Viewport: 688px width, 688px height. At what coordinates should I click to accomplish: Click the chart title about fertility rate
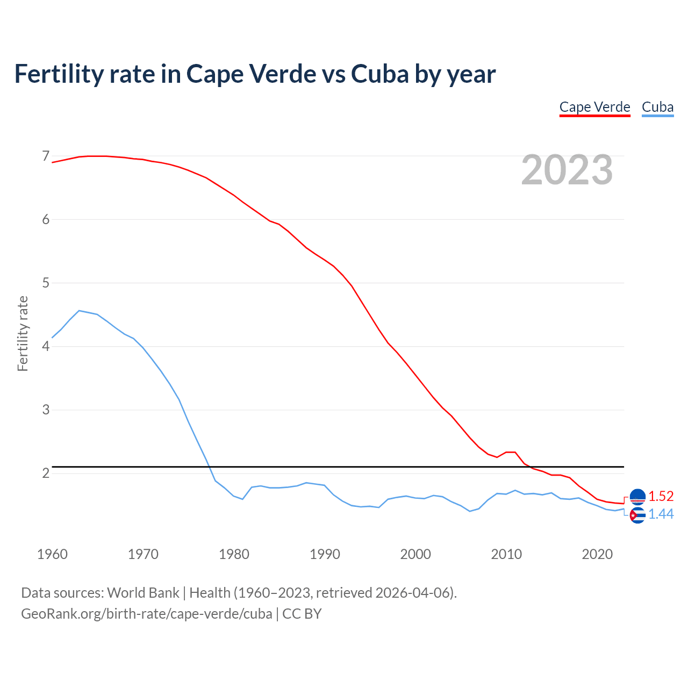point(255,74)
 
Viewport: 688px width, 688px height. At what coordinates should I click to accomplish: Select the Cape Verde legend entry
point(594,107)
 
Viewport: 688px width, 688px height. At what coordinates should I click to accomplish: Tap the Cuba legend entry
point(657,107)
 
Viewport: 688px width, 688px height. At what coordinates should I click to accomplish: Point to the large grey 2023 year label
point(567,170)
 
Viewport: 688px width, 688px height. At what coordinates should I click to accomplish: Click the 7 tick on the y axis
point(46,156)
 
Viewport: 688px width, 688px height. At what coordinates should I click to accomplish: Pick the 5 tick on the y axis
point(46,283)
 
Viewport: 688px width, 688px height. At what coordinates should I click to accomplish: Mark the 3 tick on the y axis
point(46,410)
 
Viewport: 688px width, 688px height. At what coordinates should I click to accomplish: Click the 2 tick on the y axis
point(46,473)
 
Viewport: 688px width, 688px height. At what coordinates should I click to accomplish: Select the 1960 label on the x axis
point(52,554)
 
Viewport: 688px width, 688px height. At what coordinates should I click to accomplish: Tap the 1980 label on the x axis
point(234,554)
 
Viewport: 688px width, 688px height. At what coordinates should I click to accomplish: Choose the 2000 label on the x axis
point(415,554)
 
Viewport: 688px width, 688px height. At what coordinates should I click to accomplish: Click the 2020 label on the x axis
point(597,554)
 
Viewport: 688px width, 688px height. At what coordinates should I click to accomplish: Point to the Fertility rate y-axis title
point(23,333)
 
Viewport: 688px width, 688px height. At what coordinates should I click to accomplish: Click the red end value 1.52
point(661,496)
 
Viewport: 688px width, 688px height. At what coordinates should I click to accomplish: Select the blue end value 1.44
point(661,514)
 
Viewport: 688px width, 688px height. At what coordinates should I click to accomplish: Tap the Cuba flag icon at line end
point(637,515)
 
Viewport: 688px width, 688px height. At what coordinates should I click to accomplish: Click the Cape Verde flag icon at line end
point(637,497)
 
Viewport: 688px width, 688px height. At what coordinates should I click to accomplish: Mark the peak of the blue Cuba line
point(79,311)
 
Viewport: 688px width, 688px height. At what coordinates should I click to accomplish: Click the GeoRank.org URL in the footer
point(146,614)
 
